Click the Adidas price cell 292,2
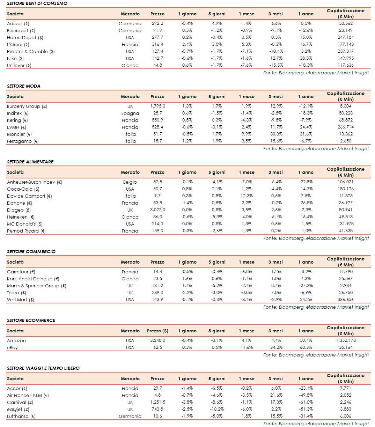point(157,23)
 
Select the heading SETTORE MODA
point(23,86)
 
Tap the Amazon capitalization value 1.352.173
point(346,340)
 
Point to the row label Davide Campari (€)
point(29,196)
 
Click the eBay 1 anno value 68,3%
point(306,347)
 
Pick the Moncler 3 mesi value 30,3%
point(276,134)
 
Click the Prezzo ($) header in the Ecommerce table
point(157,331)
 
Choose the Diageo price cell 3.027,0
point(157,210)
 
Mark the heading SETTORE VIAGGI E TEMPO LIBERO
point(43,368)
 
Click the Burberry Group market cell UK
point(130,106)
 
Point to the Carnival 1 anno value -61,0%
point(306,402)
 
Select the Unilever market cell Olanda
point(130,65)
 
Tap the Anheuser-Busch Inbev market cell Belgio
point(130,182)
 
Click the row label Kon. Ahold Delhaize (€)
point(33,279)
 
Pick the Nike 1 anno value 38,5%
point(306,58)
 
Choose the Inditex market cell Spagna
point(130,113)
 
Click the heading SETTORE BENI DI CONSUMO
point(37,3)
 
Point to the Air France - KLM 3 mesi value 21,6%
point(276,395)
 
